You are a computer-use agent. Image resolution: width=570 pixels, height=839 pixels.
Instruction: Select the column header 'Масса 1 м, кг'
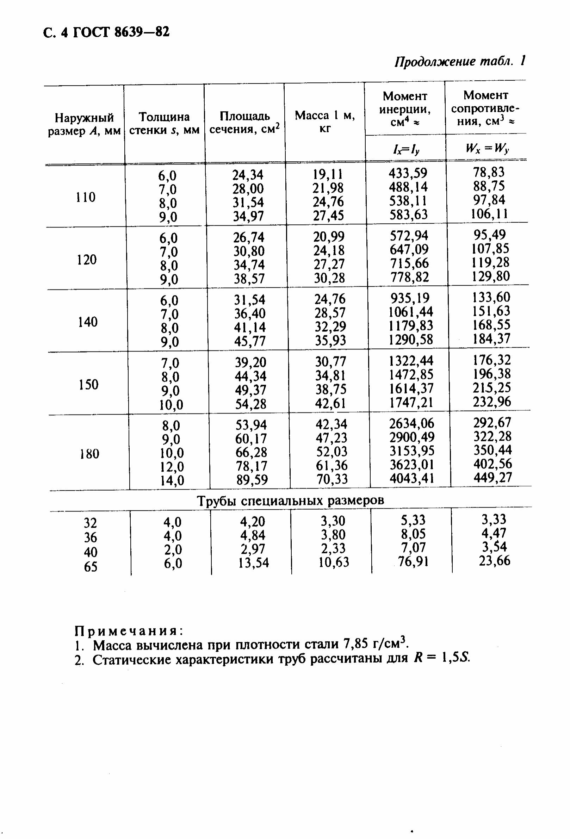(325, 122)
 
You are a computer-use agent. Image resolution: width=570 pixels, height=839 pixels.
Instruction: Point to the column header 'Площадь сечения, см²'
(245, 123)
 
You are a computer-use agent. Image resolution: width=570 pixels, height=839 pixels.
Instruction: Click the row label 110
(86, 197)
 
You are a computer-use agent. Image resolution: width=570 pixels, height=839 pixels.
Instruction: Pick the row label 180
(89, 453)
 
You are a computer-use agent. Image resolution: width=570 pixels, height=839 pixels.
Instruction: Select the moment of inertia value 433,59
(408, 173)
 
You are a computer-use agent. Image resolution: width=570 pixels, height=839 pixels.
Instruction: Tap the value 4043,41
(412, 478)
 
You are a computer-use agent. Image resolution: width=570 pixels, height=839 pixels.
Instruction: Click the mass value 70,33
(332, 479)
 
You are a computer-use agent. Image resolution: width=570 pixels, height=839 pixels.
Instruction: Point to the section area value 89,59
(252, 480)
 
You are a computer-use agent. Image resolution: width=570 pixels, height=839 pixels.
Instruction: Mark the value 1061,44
(411, 312)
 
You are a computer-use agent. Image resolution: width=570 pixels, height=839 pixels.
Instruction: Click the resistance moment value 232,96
(492, 402)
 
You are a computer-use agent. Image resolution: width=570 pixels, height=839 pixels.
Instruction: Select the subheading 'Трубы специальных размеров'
(290, 501)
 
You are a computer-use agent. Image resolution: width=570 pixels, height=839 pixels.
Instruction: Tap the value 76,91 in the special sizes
(413, 562)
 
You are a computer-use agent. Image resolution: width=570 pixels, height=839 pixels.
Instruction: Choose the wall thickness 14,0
(172, 480)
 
